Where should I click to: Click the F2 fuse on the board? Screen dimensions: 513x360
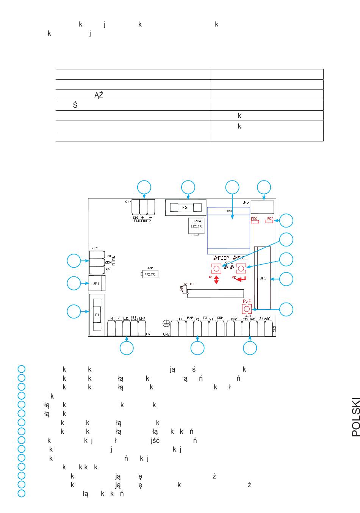pyautogui.click(x=185, y=207)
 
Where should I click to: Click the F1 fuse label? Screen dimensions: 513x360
pyautogui.click(x=97, y=315)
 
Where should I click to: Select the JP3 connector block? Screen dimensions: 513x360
pyautogui.click(x=96, y=283)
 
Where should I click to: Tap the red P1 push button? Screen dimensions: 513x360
pyautogui.click(x=216, y=268)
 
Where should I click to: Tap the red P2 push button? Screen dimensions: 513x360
pyautogui.click(x=241, y=268)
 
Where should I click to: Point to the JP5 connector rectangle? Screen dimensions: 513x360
pyautogui.click(x=262, y=207)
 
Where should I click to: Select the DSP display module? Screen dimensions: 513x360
pyautogui.click(x=229, y=231)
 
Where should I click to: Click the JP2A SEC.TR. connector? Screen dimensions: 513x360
pyautogui.click(x=197, y=226)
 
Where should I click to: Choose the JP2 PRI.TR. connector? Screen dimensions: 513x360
pyautogui.click(x=150, y=274)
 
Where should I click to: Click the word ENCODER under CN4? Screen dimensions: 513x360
pyautogui.click(x=142, y=221)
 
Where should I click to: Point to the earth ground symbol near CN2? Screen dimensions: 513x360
pyautogui.click(x=165, y=323)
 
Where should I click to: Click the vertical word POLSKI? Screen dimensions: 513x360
pyautogui.click(x=355, y=417)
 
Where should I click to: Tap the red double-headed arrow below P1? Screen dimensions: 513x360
pyautogui.click(x=216, y=280)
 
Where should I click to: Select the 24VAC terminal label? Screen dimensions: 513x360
pyautogui.click(x=265, y=319)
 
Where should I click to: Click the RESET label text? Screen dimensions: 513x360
pyautogui.click(x=189, y=284)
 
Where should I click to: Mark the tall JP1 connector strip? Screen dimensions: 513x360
pyautogui.click(x=263, y=278)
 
